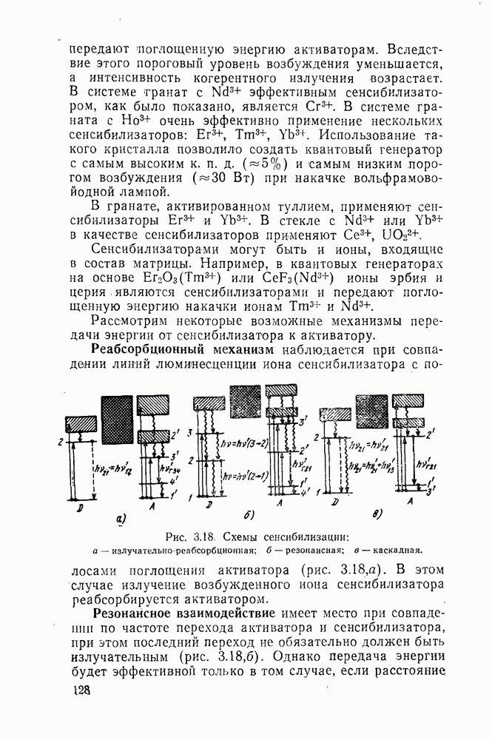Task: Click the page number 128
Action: click(80, 690)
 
